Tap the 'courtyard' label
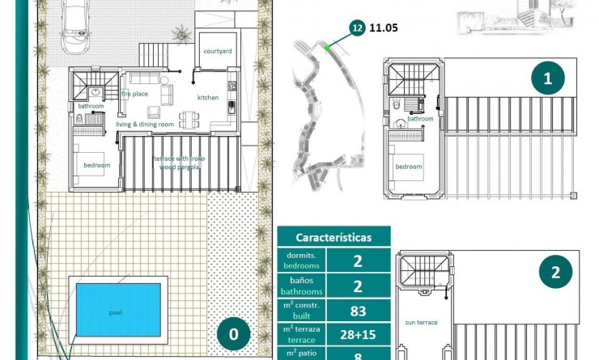[x=218, y=51]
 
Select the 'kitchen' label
[x=208, y=98]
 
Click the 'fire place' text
[x=135, y=94]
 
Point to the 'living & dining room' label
[x=145, y=125]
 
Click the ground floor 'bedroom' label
[x=96, y=166]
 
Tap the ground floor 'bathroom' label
[x=91, y=106]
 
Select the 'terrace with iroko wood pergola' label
[x=179, y=163]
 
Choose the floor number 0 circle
[x=234, y=333]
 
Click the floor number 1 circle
[x=548, y=78]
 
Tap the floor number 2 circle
[x=555, y=273]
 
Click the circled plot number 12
[x=357, y=28]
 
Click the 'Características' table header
[x=333, y=237]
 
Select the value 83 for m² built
[x=358, y=311]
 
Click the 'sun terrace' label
[x=421, y=322]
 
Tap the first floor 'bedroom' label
[x=409, y=167]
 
